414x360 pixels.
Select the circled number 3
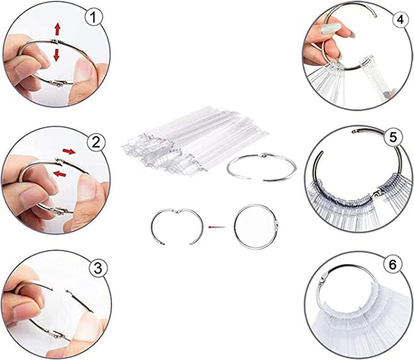pos(98,267)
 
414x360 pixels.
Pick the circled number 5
pos(393,137)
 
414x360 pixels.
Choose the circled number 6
pos(392,265)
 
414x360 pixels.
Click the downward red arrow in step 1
pos(57,55)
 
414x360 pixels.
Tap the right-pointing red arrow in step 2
pos(68,152)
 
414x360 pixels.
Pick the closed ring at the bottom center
pos(256,227)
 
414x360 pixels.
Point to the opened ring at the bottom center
pos(176,228)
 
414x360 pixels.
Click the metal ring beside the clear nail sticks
pos(262,166)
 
